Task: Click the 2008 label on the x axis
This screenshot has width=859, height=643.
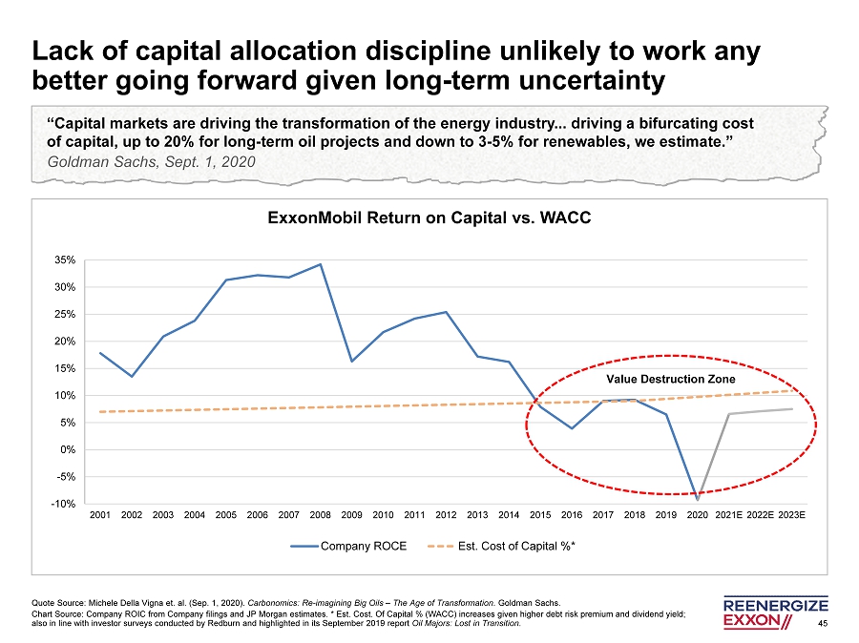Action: click(x=320, y=515)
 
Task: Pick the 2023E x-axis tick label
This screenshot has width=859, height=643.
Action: click(x=791, y=515)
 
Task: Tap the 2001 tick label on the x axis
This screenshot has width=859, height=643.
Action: click(x=100, y=515)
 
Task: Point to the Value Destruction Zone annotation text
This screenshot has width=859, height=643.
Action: click(x=671, y=380)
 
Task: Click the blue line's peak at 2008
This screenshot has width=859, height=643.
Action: click(x=320, y=264)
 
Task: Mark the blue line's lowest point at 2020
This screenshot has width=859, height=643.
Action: click(x=697, y=499)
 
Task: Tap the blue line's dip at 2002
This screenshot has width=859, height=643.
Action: click(x=132, y=376)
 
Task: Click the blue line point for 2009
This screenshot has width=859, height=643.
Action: click(x=351, y=361)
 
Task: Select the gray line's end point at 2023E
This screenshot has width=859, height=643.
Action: click(x=791, y=408)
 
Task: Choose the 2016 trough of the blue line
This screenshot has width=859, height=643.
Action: click(x=571, y=428)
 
